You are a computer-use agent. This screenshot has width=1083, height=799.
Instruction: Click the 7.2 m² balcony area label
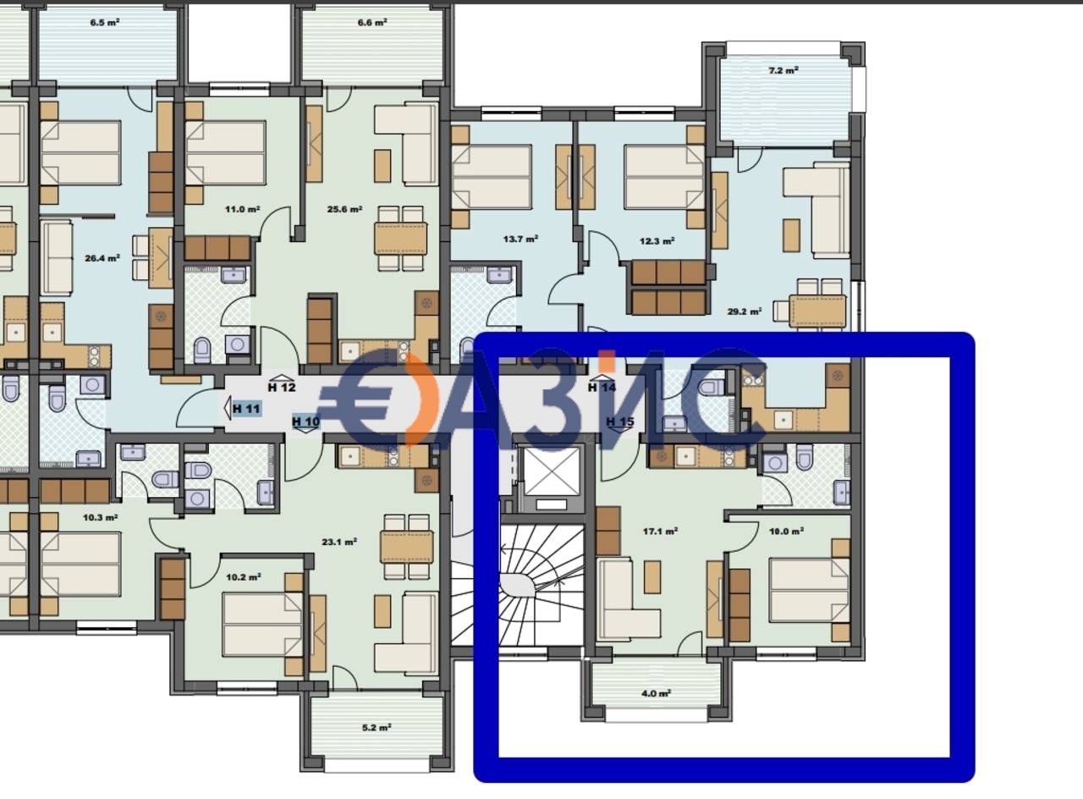pyautogui.click(x=783, y=70)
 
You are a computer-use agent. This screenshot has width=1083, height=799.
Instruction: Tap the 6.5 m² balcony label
pyautogui.click(x=105, y=23)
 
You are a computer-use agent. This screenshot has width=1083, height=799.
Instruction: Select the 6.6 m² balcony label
pyautogui.click(x=372, y=23)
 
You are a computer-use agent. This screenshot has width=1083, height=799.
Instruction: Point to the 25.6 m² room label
pyautogui.click(x=344, y=209)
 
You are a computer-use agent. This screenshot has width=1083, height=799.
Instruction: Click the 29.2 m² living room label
pyautogui.click(x=745, y=311)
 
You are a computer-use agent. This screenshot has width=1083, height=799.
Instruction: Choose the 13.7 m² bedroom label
pyautogui.click(x=520, y=240)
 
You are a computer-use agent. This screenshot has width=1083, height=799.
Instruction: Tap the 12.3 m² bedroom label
pyautogui.click(x=657, y=241)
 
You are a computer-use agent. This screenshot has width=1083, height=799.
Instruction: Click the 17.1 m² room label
pyautogui.click(x=660, y=532)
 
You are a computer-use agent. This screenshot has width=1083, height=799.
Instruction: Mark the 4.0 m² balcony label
pyautogui.click(x=656, y=693)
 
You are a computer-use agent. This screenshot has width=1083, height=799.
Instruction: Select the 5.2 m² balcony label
pyautogui.click(x=377, y=727)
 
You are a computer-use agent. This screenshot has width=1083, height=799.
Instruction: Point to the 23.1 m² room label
pyautogui.click(x=339, y=542)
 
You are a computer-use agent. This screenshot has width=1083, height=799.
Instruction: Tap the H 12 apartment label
pyautogui.click(x=282, y=388)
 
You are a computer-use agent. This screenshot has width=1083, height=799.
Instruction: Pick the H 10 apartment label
pyautogui.click(x=305, y=422)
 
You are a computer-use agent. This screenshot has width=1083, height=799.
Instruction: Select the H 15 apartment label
pyautogui.click(x=619, y=422)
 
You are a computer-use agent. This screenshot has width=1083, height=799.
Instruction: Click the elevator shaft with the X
pyautogui.click(x=552, y=471)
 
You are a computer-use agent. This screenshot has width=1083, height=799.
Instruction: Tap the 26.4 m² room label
pyautogui.click(x=102, y=259)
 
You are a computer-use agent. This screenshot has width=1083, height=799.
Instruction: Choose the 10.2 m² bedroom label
pyautogui.click(x=244, y=577)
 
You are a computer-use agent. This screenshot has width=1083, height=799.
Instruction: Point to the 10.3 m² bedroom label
pyautogui.click(x=100, y=517)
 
